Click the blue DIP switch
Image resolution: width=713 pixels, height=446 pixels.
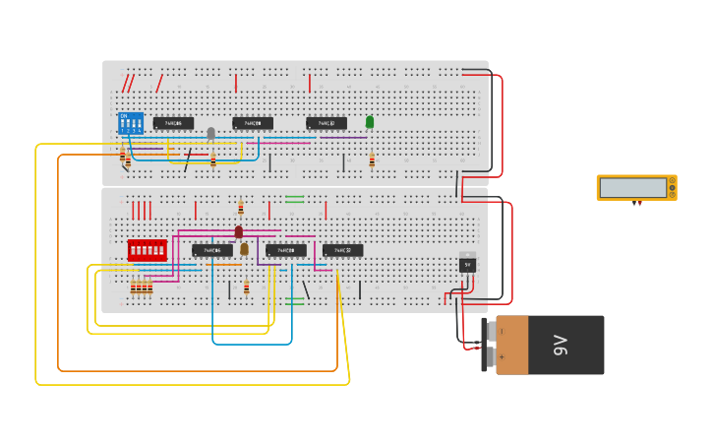pyautogui.click(x=131, y=123)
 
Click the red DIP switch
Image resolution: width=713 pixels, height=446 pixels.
pyautogui.click(x=147, y=250)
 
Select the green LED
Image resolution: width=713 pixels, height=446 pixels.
pyautogui.click(x=370, y=122)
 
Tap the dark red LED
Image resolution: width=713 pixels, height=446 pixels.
pyautogui.click(x=238, y=232)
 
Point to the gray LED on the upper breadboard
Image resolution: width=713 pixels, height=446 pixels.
pyautogui.click(x=210, y=133)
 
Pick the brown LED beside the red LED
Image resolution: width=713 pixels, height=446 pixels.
pyautogui.click(x=244, y=249)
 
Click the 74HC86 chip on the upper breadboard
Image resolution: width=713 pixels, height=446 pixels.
pyautogui.click(x=173, y=124)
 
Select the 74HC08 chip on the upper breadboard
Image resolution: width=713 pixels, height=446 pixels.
pyautogui.click(x=253, y=124)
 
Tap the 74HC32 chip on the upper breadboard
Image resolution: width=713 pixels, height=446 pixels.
pyautogui.click(x=327, y=124)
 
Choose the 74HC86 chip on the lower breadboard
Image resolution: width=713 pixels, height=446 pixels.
pyautogui.click(x=212, y=250)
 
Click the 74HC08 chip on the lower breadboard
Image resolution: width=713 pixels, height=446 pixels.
pyautogui.click(x=286, y=250)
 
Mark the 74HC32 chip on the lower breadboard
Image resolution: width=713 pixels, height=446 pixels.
pyautogui.click(x=342, y=250)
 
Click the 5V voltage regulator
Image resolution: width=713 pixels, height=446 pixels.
pyautogui.click(x=467, y=263)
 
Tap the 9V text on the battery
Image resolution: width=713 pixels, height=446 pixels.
pyautogui.click(x=561, y=345)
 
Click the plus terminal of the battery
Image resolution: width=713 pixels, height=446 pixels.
pyautogui.click(x=502, y=357)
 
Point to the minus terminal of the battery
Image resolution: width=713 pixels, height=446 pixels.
pyautogui.click(x=502, y=332)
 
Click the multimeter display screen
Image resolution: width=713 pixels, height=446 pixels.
pyautogui.click(x=632, y=187)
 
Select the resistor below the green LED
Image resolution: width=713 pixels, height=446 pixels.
pyautogui.click(x=372, y=159)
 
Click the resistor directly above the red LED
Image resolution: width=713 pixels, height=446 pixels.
pyautogui.click(x=241, y=207)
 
